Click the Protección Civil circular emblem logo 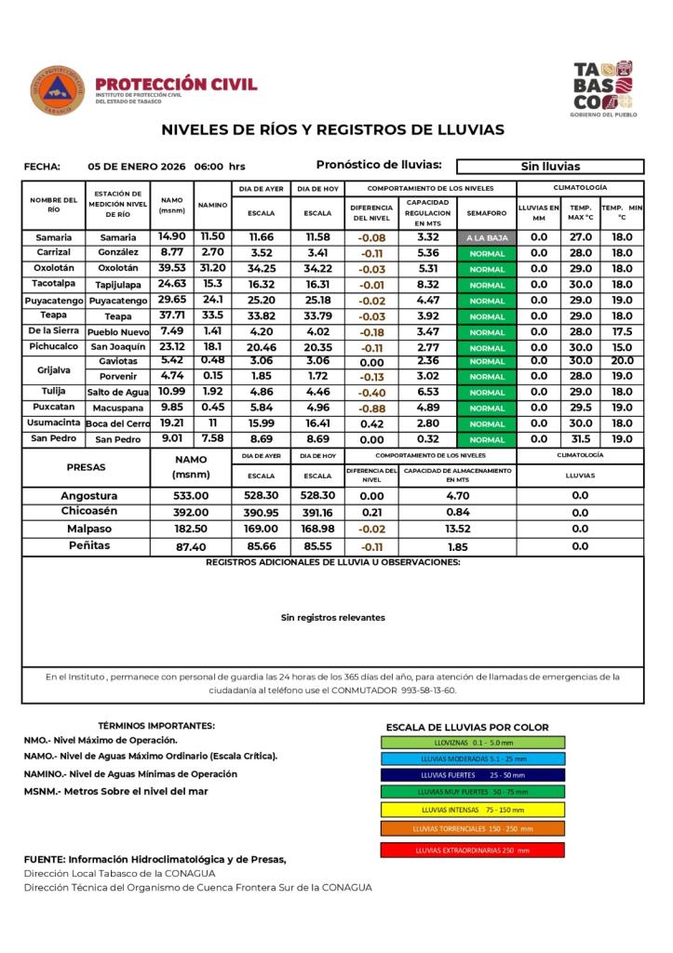(58, 90)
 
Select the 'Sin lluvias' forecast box (550, 167)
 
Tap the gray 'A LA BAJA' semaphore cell (487, 237)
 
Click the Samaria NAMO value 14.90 (171, 236)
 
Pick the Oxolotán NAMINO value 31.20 (212, 268)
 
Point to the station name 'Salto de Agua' (118, 392)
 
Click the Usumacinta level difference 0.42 (371, 423)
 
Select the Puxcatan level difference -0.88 (371, 408)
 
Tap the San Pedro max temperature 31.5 (581, 438)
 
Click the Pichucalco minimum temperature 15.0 (622, 347)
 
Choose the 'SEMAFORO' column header (487, 213)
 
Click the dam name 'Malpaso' (89, 529)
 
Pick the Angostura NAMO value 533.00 (191, 496)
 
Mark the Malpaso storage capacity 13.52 (457, 529)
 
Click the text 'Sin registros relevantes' (332, 617)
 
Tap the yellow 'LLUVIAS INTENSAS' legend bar (472, 810)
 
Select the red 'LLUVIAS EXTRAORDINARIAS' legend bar (472, 850)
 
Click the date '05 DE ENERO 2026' (137, 167)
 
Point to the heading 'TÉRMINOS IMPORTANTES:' (155, 726)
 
